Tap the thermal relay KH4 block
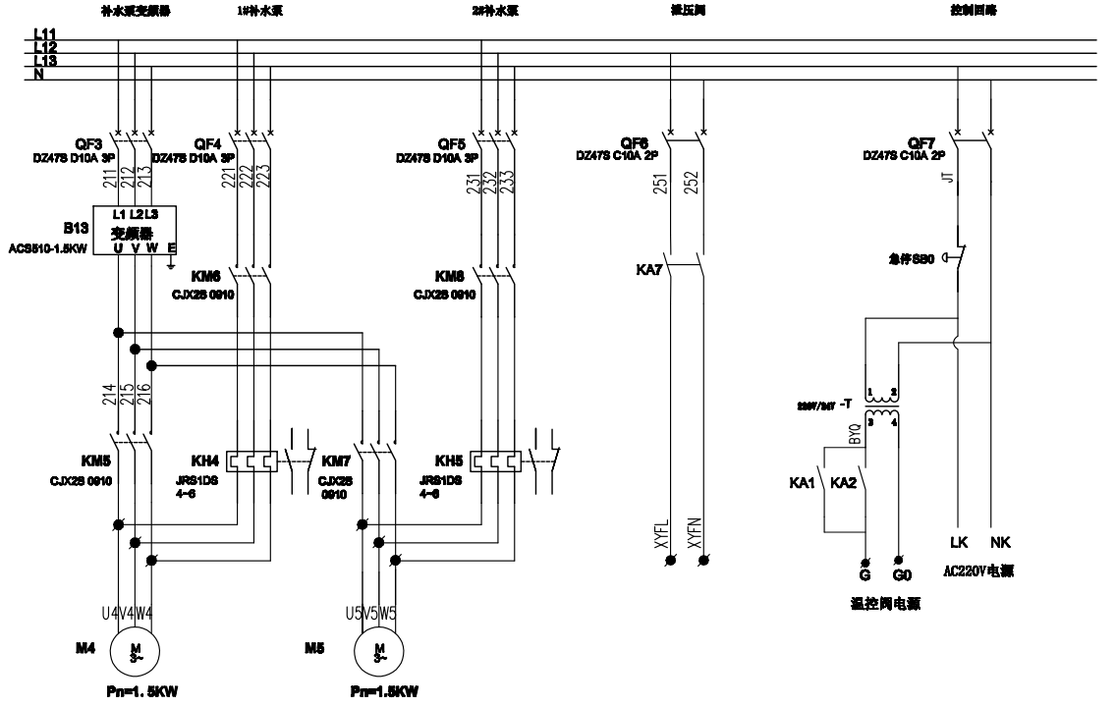248,460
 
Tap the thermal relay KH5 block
494,460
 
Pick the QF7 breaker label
921,143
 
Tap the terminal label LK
960,541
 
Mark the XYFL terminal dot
671,561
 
